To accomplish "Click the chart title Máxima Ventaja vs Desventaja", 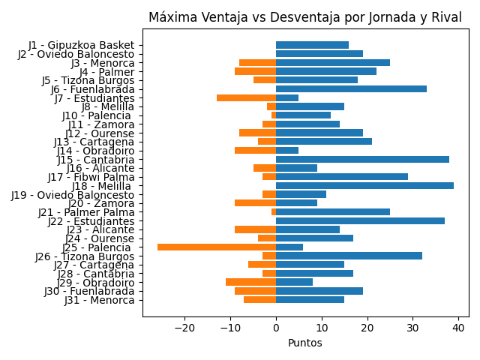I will (x=306, y=17).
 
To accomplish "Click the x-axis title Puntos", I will (x=305, y=343).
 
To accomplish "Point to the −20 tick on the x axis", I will (x=184, y=327).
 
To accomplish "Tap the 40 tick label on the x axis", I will (x=459, y=327).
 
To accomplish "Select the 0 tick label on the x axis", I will (x=276, y=327).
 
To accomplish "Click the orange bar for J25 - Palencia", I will (x=217, y=247).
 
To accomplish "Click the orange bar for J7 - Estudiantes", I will (x=246, y=97).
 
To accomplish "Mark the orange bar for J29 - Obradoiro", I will (x=250, y=282).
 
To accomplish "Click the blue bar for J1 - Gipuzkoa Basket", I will (x=312, y=45).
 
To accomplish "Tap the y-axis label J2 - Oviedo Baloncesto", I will (x=76, y=54).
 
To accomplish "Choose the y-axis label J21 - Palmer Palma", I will (x=86, y=212).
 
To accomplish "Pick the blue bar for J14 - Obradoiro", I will (x=287, y=150).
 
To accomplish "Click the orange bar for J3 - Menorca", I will (x=257, y=63).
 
